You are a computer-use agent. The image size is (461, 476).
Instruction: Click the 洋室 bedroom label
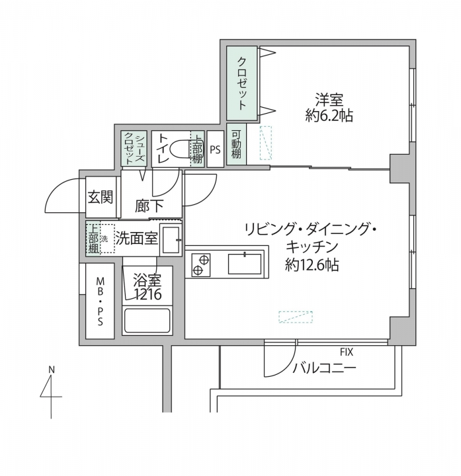(329, 99)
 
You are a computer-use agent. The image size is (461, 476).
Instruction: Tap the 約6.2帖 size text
(329, 115)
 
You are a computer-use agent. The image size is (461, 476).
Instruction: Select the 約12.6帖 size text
(312, 264)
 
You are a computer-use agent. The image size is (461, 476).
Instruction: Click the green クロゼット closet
(242, 83)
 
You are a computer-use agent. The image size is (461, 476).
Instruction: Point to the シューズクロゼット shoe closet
(134, 148)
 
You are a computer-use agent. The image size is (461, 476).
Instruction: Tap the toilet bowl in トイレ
(180, 149)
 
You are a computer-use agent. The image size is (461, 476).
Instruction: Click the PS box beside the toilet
(216, 149)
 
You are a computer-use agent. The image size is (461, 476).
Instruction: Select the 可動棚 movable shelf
(236, 144)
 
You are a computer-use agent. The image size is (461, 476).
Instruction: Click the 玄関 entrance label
(101, 197)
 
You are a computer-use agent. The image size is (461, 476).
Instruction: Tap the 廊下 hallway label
(149, 206)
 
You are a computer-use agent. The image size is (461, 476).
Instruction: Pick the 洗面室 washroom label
(137, 239)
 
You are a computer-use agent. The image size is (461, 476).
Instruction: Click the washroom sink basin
(171, 240)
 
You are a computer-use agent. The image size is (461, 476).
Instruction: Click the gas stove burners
(201, 264)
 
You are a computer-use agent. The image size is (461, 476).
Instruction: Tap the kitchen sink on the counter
(245, 264)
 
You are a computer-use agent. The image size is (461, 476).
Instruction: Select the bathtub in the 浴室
(147, 321)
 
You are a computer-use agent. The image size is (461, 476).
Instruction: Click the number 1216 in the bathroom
(147, 294)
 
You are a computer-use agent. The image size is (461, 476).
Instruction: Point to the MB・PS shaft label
(101, 301)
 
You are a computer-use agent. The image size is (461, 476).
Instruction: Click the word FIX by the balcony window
(347, 352)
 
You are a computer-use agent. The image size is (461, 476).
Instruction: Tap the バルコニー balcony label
(323, 368)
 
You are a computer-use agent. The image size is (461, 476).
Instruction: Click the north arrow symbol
(51, 393)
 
